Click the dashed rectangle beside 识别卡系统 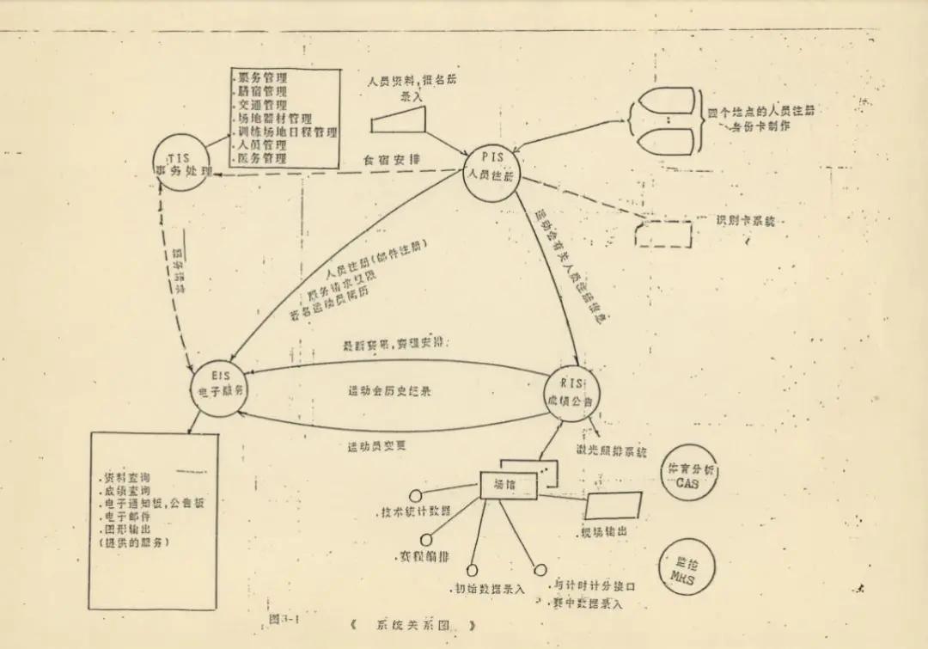663,234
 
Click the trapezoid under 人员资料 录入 400,122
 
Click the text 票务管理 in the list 262,77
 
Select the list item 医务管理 262,159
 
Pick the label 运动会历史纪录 389,391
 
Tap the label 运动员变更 376,446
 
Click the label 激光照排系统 611,450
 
